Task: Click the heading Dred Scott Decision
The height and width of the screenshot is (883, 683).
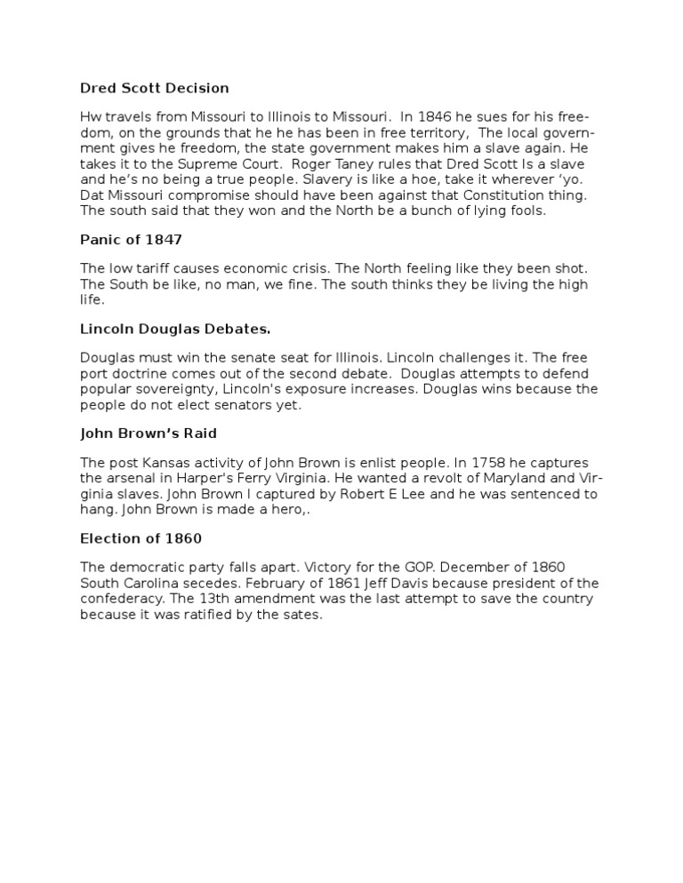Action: point(155,88)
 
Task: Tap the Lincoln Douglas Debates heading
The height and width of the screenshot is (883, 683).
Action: point(175,329)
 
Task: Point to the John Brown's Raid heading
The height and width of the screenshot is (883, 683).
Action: point(149,434)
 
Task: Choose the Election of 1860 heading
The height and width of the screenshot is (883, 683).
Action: point(141,538)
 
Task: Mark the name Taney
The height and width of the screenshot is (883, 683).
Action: point(373,163)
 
